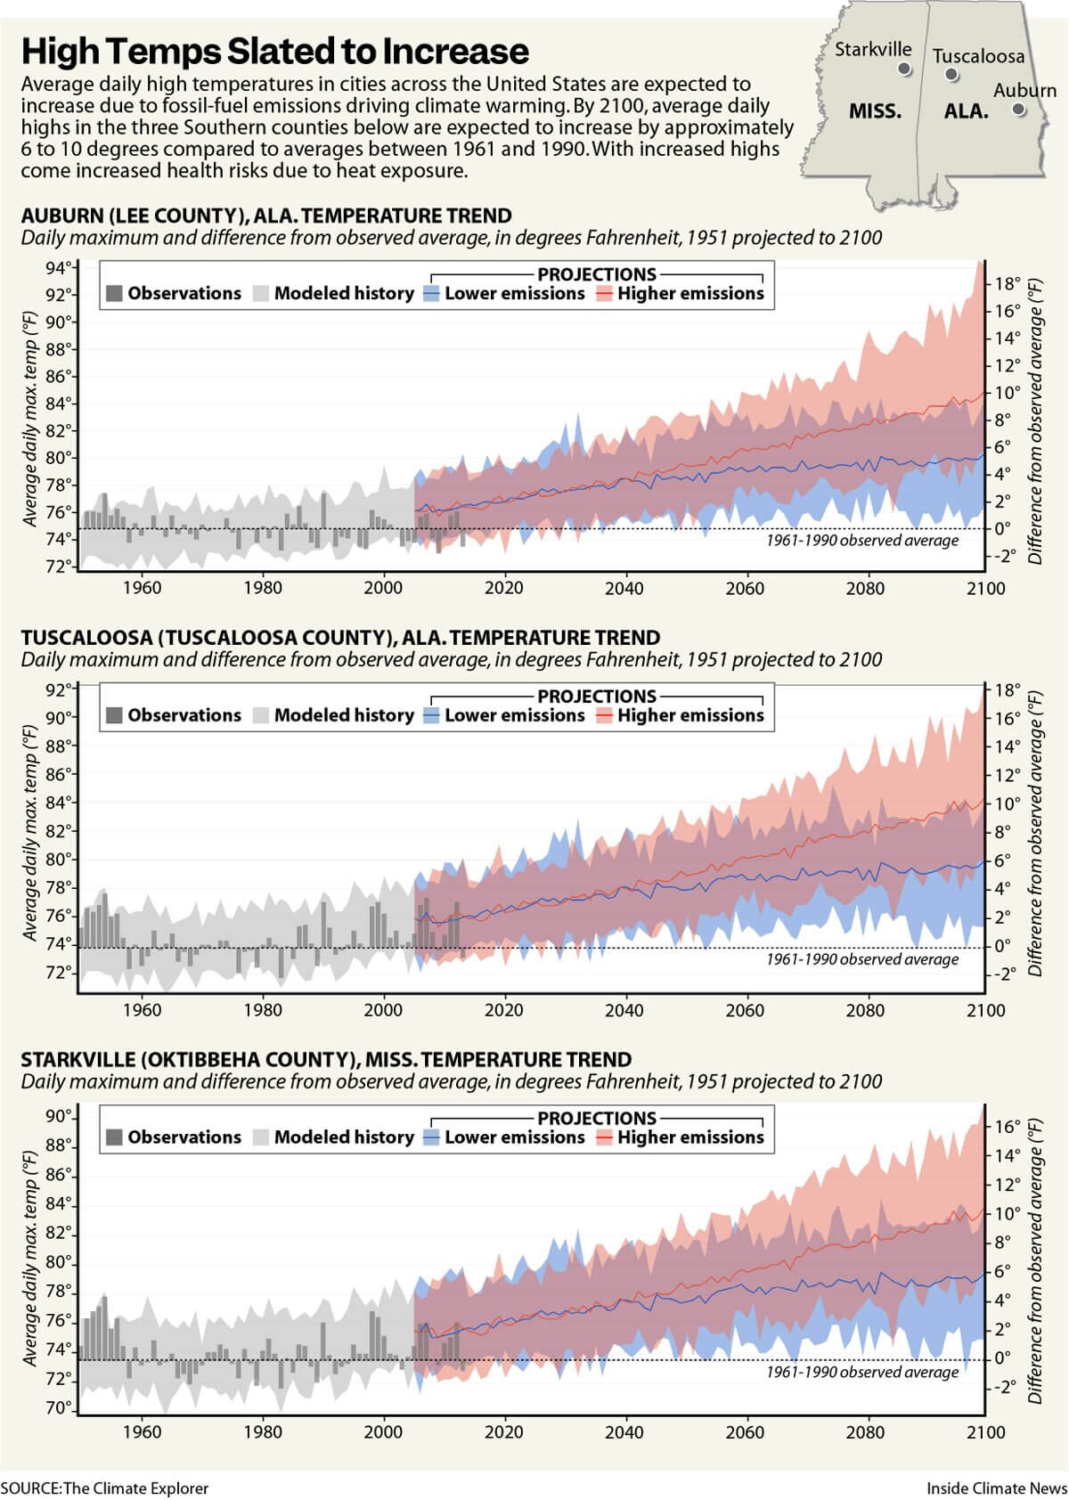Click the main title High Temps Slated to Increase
click(x=274, y=52)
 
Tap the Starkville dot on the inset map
click(x=904, y=69)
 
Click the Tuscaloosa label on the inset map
click(x=978, y=56)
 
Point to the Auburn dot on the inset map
click(x=1018, y=110)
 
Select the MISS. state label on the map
click(x=875, y=112)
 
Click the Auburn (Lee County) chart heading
click(x=266, y=216)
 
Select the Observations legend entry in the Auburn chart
click(x=174, y=293)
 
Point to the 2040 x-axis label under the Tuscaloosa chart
click(x=624, y=1010)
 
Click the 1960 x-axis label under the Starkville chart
click(x=141, y=1432)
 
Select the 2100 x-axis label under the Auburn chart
click(x=985, y=588)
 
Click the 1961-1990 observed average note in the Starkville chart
click(x=861, y=1372)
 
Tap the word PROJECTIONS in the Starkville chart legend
click(x=596, y=1118)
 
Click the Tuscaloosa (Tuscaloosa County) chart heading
click(x=340, y=638)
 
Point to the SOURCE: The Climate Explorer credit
click(x=104, y=1488)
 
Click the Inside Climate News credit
click(x=996, y=1488)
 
